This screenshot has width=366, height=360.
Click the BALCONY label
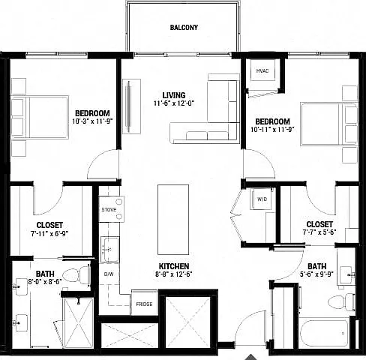tap(184, 28)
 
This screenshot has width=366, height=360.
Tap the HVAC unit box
tap(262, 70)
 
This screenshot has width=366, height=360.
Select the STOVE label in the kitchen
tap(109, 210)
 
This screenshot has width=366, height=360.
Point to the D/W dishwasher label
tap(109, 274)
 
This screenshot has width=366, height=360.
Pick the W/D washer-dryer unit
tap(262, 199)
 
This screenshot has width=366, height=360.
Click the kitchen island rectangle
tap(173, 220)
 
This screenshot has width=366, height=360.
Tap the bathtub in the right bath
tap(324, 332)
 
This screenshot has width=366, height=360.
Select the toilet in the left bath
tap(76, 276)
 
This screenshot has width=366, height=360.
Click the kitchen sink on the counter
tap(109, 249)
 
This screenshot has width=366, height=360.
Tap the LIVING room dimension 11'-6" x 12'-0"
tap(174, 103)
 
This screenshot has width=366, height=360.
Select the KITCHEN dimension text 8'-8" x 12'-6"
tap(174, 274)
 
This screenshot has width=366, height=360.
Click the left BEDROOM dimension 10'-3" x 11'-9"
tap(92, 121)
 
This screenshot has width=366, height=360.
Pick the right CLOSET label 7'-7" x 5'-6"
tap(319, 228)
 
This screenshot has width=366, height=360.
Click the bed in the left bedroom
tap(40, 117)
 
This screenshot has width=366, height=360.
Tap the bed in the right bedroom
tap(328, 124)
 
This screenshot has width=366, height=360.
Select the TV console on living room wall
tap(131, 106)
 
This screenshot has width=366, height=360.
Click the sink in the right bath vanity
tap(347, 274)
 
